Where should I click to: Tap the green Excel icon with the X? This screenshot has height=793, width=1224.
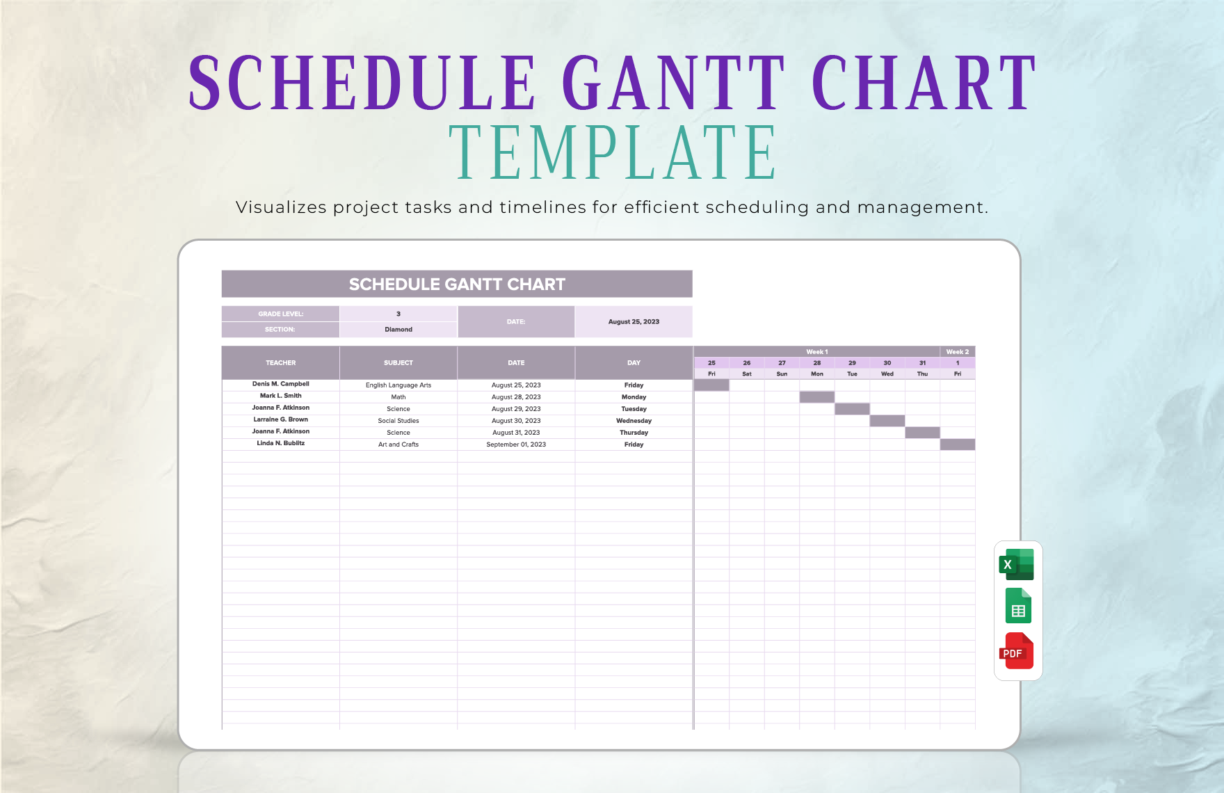pos(1017,564)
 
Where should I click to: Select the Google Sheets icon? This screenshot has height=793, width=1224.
pos(1018,606)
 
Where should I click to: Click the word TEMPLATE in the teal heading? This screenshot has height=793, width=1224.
pos(612,153)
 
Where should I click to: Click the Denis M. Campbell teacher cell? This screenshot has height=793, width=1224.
pos(280,384)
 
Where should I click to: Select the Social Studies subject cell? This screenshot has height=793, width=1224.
pos(398,421)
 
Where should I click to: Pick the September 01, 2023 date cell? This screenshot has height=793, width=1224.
pos(516,444)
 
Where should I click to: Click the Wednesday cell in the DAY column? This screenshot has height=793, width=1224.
pos(634,421)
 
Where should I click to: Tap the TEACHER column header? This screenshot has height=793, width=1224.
pos(280,362)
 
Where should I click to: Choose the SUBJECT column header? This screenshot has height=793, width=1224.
pos(398,362)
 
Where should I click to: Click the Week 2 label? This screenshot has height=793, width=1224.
pos(957,352)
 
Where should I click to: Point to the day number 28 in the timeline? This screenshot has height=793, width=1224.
pos(817,363)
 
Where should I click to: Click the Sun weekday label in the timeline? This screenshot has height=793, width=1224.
pos(782,374)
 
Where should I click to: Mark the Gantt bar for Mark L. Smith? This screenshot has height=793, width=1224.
pos(817,397)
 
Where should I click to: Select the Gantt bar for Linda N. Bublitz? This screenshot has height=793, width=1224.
pos(958,444)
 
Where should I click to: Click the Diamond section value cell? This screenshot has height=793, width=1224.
pos(398,330)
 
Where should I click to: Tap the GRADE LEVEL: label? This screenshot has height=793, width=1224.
pos(280,314)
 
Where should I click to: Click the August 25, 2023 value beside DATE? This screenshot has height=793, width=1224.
pos(634,321)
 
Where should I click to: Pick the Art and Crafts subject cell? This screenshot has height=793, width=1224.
pos(398,444)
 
